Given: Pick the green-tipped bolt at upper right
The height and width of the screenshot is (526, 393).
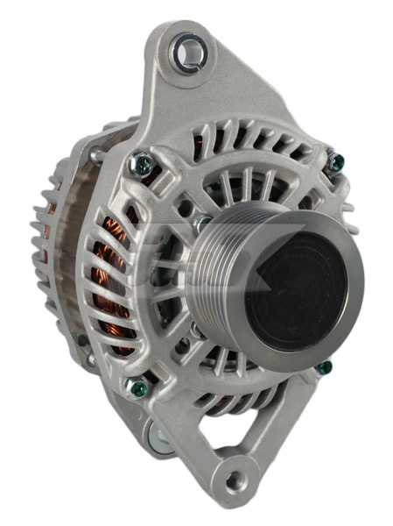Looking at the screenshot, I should [x=335, y=161].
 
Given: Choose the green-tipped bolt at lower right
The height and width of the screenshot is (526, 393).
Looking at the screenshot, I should [x=324, y=366].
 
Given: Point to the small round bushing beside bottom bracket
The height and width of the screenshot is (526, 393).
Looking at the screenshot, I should [x=158, y=435].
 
